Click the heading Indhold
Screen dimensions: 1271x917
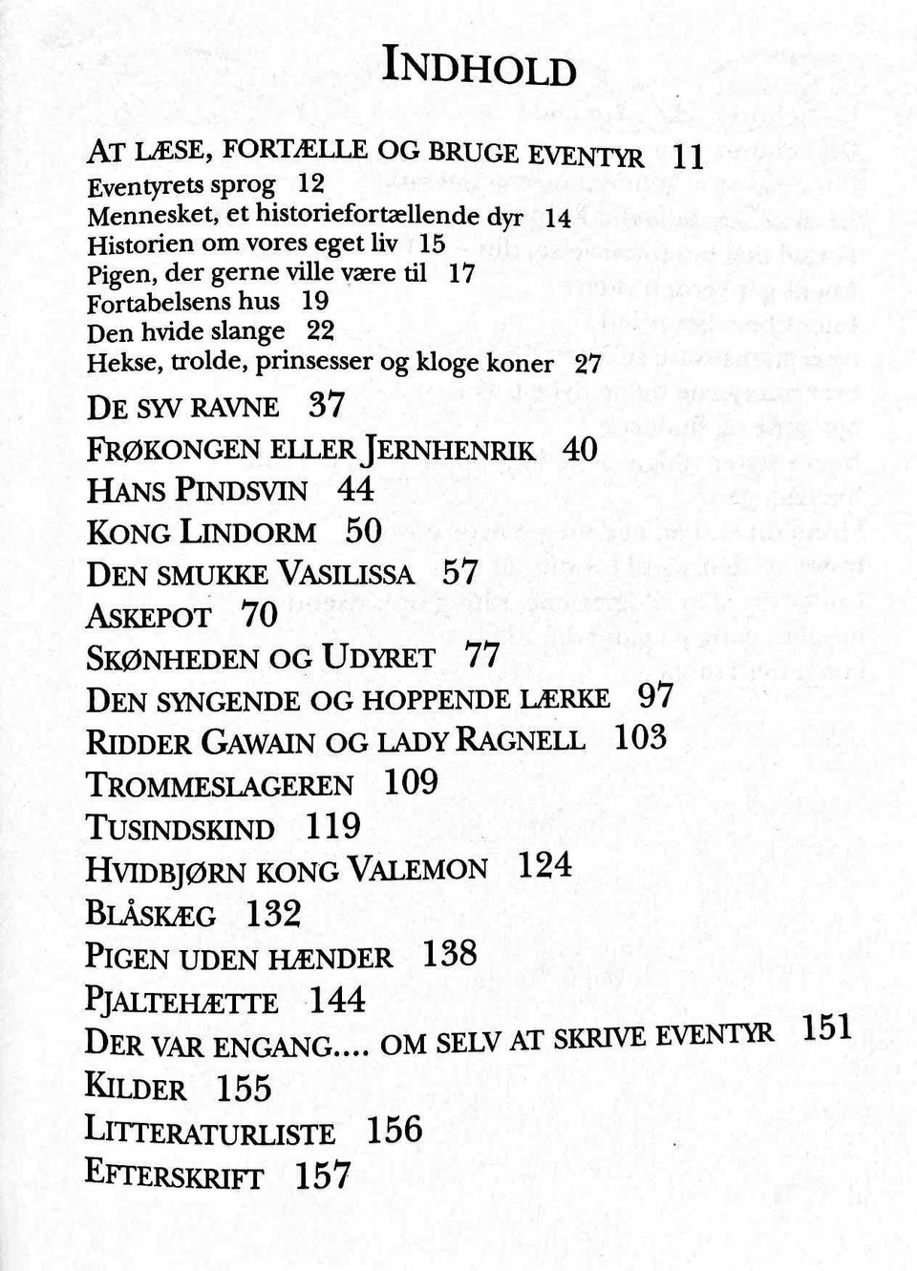480,67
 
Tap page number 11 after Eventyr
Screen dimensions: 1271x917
688,156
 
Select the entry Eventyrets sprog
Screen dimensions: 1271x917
181,185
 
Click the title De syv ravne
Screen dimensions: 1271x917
182,408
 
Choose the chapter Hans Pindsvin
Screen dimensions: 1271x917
197,491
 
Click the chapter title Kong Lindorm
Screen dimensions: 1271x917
201,532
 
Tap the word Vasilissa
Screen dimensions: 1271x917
346,574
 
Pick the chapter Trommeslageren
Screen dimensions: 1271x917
219,785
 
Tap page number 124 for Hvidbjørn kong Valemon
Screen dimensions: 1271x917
544,865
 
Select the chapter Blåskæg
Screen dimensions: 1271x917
150,914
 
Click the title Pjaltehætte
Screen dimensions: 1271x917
181,1002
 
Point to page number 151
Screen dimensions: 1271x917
826,1027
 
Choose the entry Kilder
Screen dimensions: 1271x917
135,1088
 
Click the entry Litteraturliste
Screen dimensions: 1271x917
210,1132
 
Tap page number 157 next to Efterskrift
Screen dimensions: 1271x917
323,1176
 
